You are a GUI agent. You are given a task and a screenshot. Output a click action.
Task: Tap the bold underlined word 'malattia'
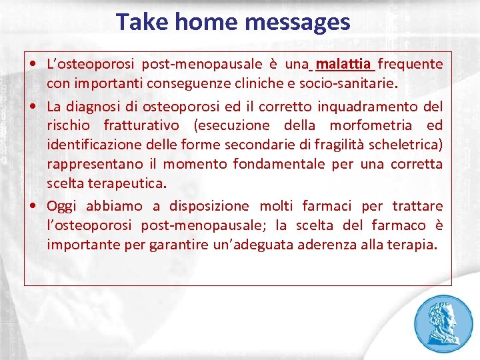click(x=344, y=64)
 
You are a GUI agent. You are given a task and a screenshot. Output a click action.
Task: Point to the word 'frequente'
click(x=411, y=64)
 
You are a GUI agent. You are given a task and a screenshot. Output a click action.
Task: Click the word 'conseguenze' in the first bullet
click(x=219, y=83)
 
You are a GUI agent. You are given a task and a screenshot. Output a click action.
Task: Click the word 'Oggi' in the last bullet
click(x=61, y=206)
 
